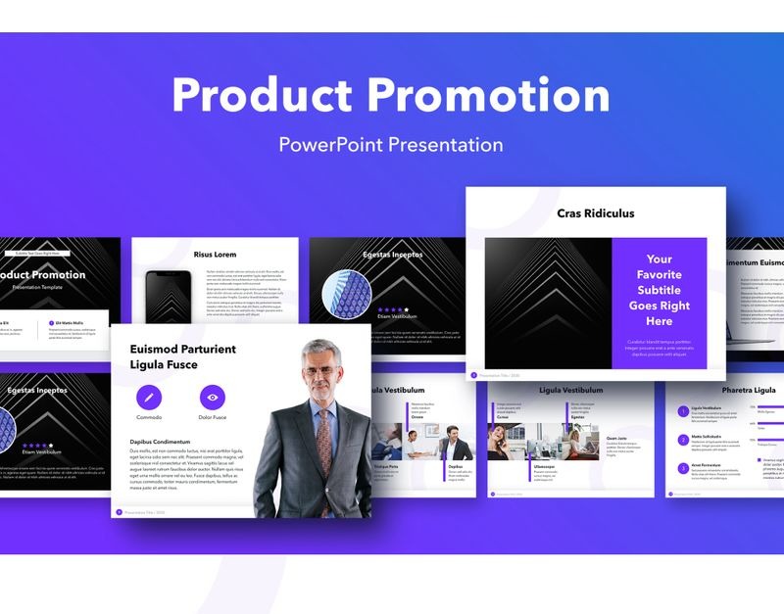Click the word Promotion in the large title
489,95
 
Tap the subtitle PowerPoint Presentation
391,145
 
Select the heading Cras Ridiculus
596,213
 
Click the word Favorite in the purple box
659,275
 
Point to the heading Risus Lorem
215,255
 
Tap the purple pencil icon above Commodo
149,397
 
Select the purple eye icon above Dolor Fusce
213,397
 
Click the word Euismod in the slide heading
157,349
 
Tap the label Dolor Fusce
213,418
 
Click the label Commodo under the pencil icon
149,418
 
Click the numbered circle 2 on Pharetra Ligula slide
683,440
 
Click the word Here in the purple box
659,321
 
